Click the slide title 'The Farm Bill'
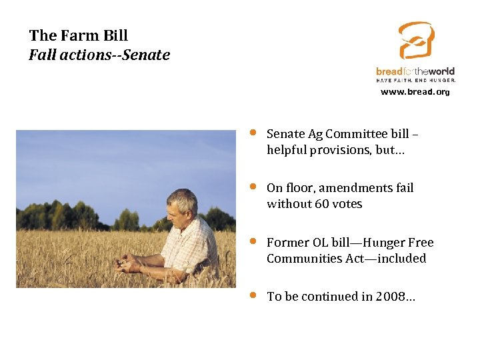click(x=79, y=35)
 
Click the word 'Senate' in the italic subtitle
click(x=146, y=55)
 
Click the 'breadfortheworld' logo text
click(x=415, y=71)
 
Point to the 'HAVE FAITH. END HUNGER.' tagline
click(x=416, y=79)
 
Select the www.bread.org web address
click(x=415, y=92)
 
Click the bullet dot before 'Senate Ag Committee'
click(x=253, y=132)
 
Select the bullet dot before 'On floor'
click(x=253, y=186)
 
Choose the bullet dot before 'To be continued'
click(x=253, y=295)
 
